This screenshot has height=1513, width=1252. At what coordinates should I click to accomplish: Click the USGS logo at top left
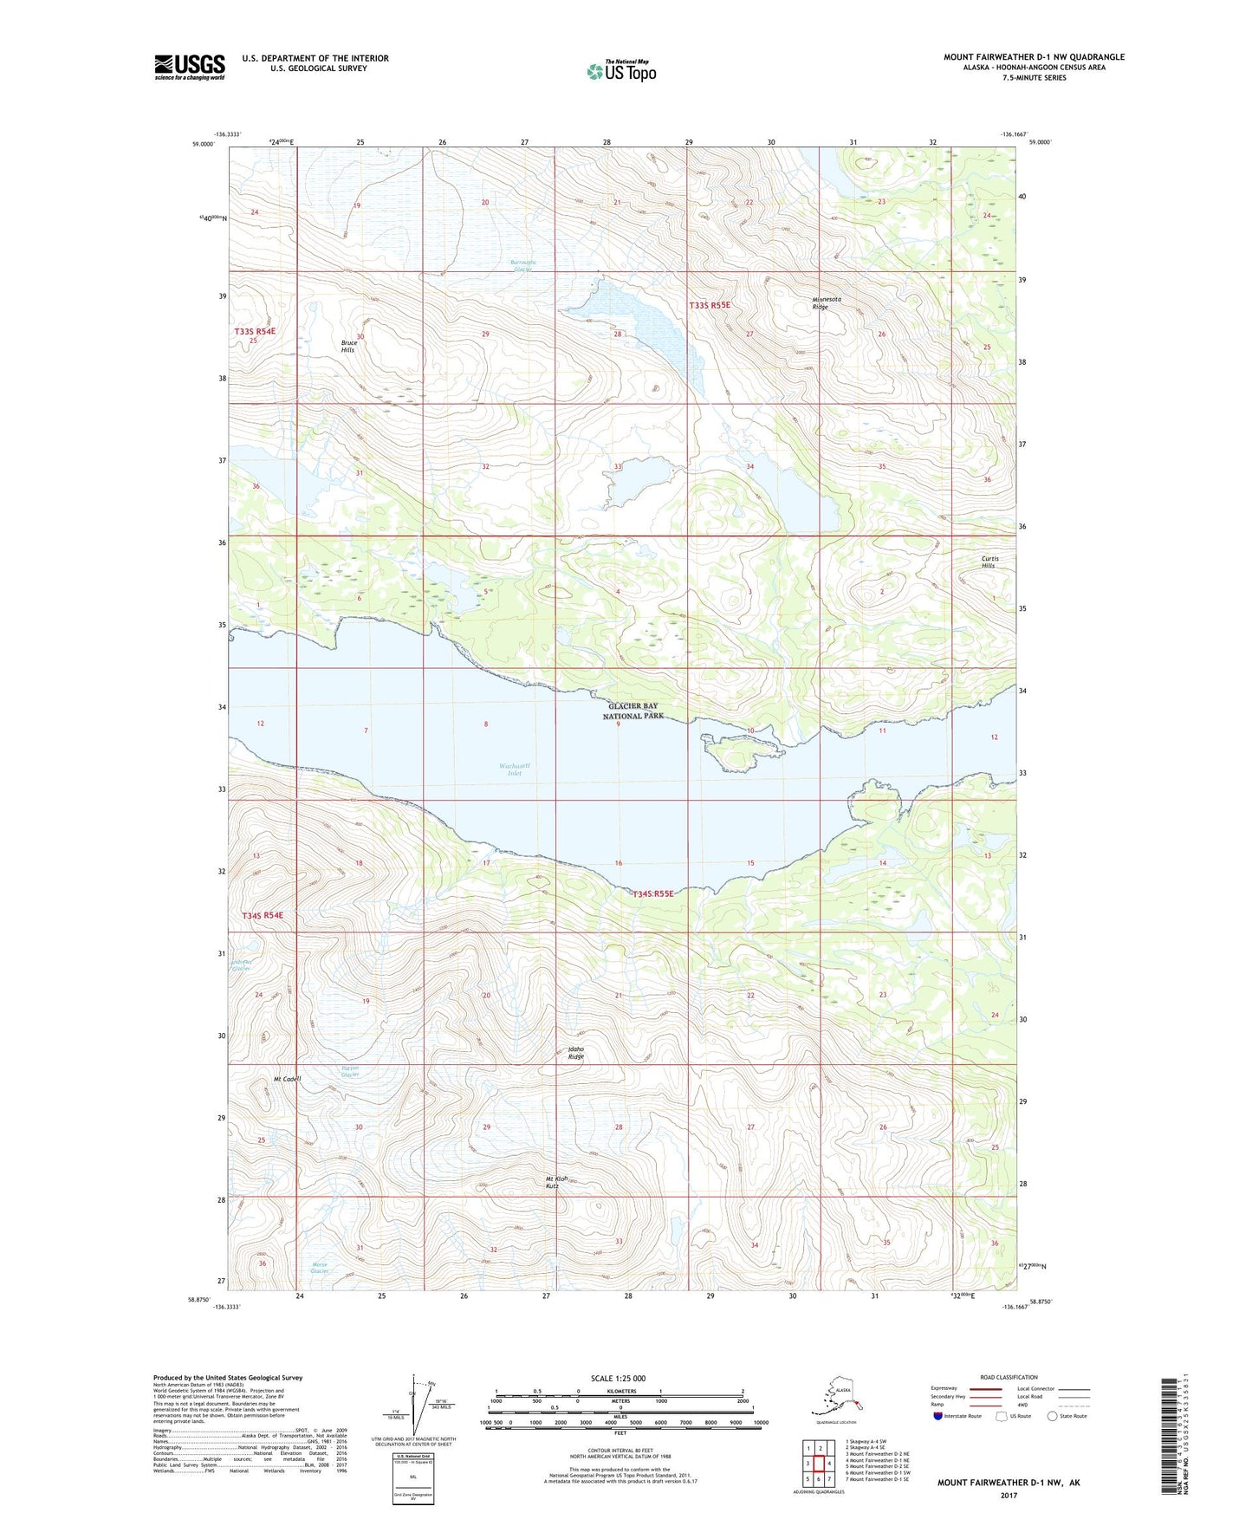(189, 67)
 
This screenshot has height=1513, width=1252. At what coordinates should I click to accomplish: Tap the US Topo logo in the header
(621, 70)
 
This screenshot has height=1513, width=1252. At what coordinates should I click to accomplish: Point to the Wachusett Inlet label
(514, 769)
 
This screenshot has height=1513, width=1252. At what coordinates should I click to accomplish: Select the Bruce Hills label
(348, 346)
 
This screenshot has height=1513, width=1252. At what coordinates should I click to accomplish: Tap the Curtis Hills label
(989, 562)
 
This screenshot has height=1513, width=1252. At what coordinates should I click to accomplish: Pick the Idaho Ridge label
(575, 1053)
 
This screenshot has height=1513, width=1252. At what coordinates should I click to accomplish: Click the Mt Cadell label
(287, 1079)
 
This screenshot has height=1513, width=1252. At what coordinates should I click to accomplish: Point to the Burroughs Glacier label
(522, 265)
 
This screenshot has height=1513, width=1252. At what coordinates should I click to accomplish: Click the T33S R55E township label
(710, 305)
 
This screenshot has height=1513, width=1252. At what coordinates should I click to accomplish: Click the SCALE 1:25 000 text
(618, 1378)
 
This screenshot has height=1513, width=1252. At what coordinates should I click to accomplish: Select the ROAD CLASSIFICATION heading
(1009, 1377)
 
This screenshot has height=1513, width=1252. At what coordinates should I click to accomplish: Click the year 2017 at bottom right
(1008, 1496)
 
